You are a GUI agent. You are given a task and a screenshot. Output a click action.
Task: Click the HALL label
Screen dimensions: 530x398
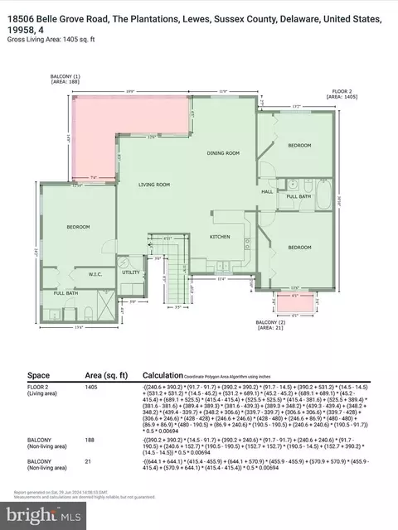[268, 191]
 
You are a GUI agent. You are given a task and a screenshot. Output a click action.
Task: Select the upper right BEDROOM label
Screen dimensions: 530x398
[299, 146]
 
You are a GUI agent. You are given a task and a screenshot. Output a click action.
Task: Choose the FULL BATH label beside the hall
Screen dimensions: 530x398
[298, 196]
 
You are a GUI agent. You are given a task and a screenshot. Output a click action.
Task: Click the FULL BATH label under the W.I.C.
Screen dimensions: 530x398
[66, 293]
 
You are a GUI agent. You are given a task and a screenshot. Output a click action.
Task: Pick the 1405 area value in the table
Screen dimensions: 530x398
[93, 387]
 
